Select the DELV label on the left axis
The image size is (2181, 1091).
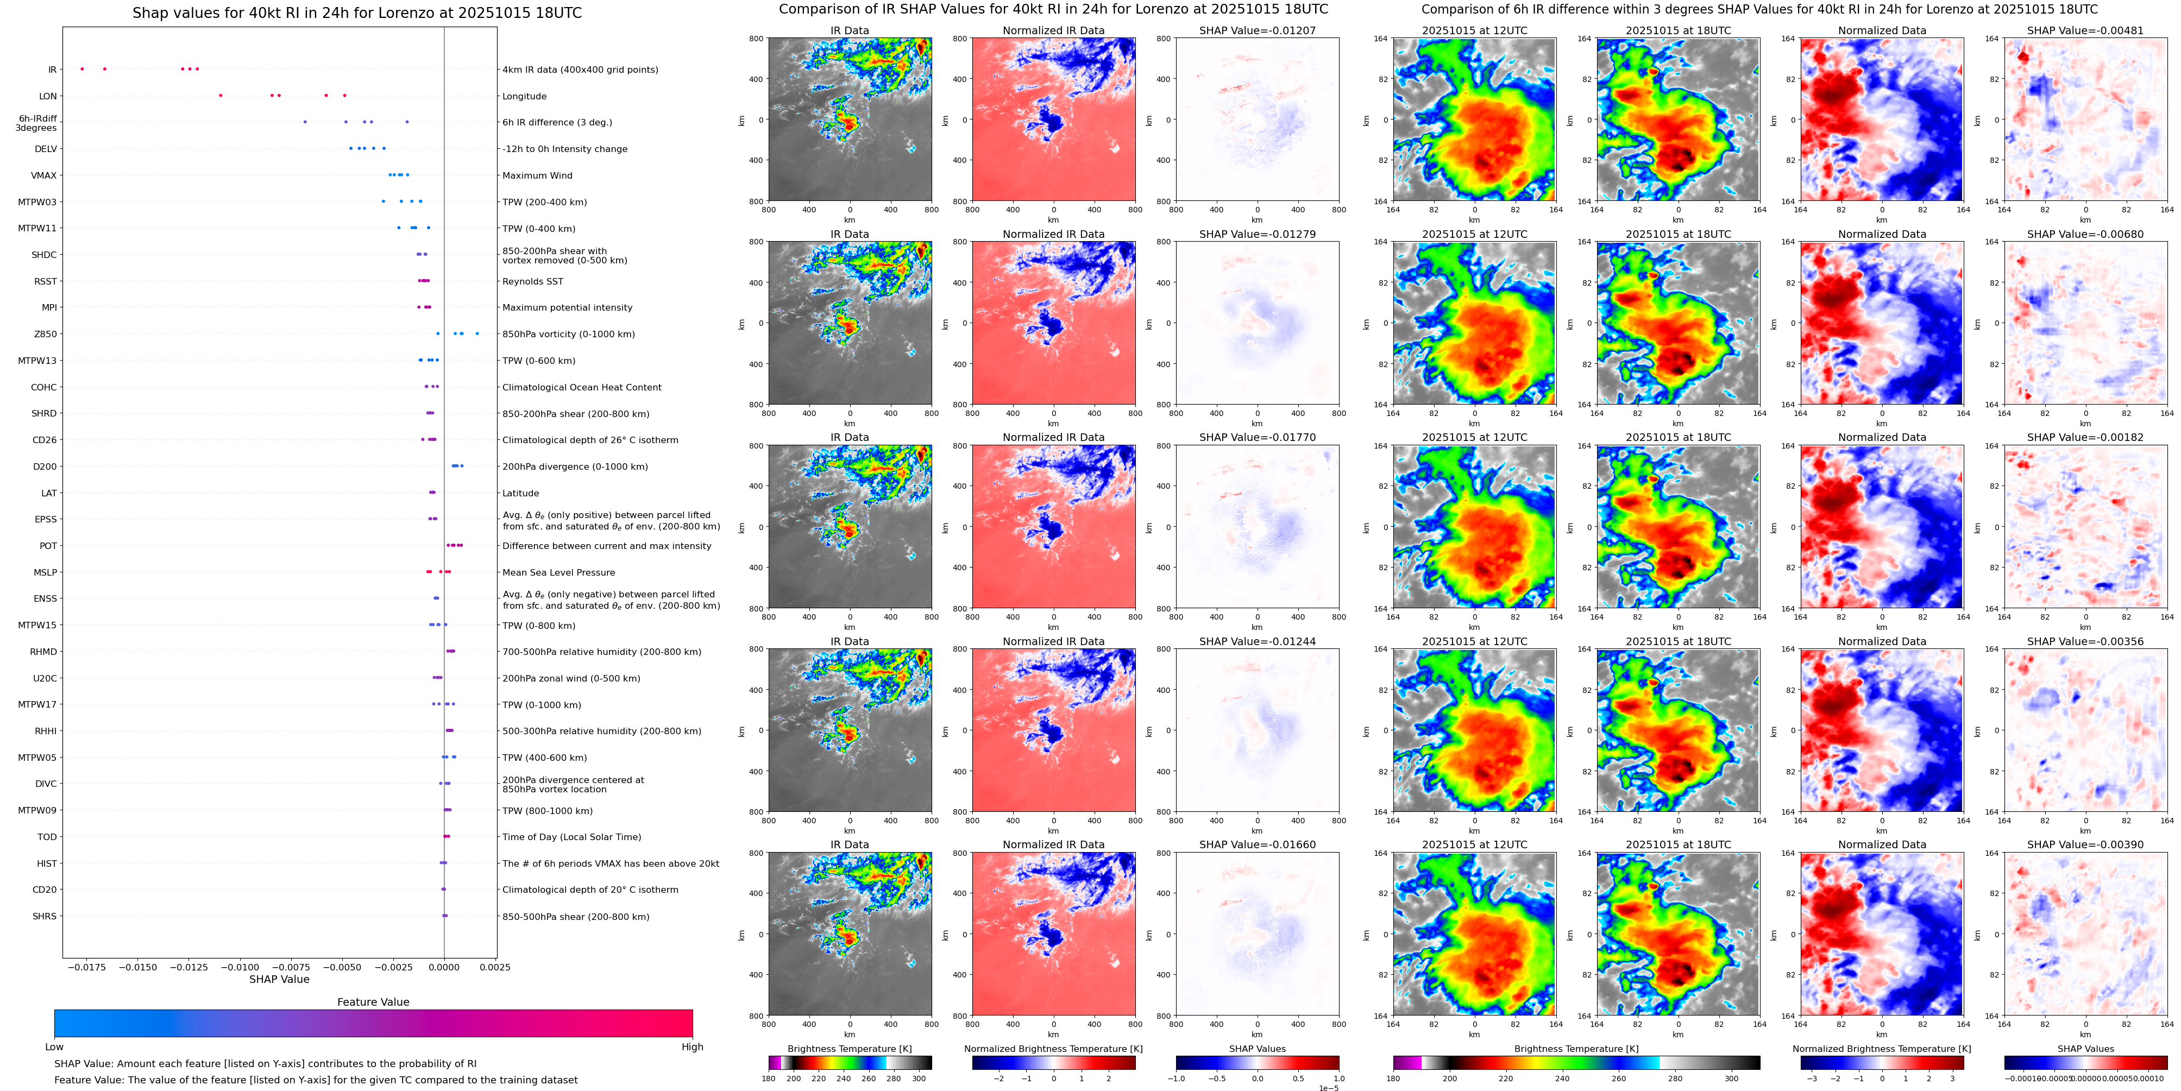(x=46, y=149)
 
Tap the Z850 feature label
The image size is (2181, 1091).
(x=46, y=335)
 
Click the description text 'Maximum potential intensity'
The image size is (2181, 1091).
(x=567, y=308)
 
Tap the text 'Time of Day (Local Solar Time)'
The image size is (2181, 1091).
(x=571, y=837)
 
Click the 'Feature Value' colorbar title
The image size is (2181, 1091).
(x=373, y=1002)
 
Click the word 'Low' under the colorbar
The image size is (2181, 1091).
(x=54, y=1047)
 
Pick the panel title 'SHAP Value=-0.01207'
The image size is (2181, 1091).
(x=1258, y=30)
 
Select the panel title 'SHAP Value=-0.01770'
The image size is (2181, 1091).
(x=1258, y=438)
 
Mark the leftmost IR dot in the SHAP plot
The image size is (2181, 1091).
(x=82, y=68)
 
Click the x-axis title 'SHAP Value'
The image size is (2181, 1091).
(x=279, y=979)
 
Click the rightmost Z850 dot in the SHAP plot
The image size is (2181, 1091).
(x=477, y=333)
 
